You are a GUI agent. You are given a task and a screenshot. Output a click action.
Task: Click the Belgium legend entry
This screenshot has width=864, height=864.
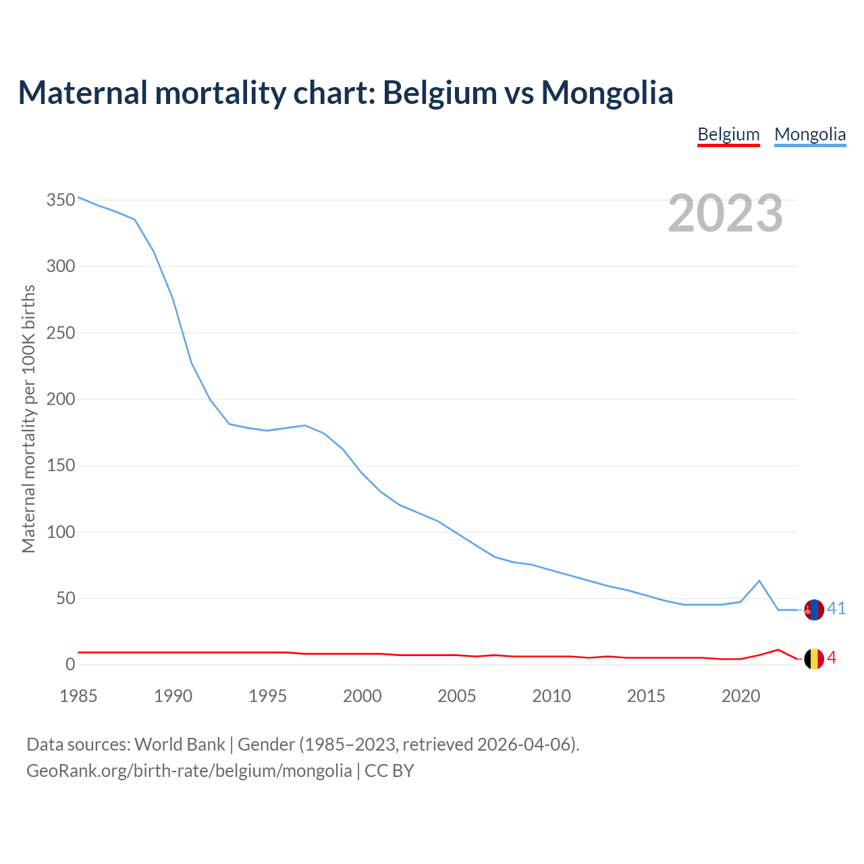(728, 134)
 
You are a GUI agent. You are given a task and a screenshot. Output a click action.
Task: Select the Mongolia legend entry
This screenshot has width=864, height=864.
(810, 134)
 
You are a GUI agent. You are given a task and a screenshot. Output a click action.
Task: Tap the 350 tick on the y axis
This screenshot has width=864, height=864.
(60, 200)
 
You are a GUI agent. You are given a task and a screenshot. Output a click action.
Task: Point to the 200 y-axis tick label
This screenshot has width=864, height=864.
(60, 400)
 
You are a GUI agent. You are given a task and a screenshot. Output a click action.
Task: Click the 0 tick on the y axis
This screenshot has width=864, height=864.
(70, 665)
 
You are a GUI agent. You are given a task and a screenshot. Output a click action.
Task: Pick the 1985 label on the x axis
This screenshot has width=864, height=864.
(78, 696)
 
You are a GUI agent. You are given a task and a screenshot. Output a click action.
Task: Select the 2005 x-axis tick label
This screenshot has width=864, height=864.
(457, 696)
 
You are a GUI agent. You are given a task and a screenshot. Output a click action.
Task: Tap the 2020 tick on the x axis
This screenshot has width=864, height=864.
(740, 696)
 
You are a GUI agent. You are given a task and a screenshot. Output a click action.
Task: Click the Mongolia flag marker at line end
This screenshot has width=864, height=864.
(814, 610)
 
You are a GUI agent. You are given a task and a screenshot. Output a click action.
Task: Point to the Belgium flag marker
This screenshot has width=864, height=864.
(814, 659)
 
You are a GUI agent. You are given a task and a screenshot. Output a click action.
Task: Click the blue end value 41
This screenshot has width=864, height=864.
(836, 609)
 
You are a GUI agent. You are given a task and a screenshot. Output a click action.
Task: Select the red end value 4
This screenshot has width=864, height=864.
(832, 658)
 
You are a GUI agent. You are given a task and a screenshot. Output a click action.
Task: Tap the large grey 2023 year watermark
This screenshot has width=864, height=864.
(725, 213)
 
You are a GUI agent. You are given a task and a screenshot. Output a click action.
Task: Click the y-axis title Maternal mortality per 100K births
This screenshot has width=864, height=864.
(28, 418)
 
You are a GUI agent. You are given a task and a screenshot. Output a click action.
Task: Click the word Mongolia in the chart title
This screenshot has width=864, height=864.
(607, 92)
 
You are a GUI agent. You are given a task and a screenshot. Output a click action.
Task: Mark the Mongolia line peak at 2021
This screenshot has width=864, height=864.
(759, 580)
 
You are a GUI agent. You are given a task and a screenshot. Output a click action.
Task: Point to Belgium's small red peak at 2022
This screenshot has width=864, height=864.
(778, 650)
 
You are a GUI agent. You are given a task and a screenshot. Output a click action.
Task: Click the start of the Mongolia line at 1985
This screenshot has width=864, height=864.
(79, 197)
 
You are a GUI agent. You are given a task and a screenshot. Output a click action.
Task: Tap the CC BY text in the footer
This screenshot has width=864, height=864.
(389, 771)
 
